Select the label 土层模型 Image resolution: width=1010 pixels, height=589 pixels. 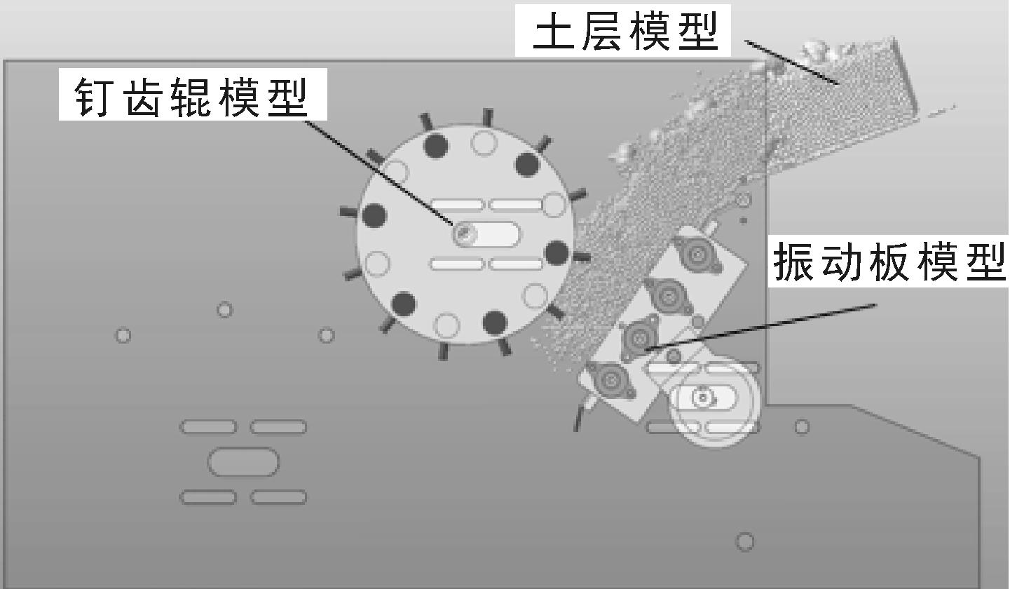626,32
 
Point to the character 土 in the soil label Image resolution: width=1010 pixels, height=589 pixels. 554,32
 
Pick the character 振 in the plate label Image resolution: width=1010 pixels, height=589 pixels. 793,260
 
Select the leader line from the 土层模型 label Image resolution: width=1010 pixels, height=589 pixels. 792,62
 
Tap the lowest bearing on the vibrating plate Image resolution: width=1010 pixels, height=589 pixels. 610,380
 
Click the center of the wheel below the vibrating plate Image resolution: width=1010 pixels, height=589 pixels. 703,398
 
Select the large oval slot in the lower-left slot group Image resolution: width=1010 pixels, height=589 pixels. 243,462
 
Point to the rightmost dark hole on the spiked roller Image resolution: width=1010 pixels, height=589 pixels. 557,252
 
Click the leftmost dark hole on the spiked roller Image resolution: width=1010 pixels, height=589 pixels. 374,215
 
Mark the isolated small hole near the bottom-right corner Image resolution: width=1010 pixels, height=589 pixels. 745,542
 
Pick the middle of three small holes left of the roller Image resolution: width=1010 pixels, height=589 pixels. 224,309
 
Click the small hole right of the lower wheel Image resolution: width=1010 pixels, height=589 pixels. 802,426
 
